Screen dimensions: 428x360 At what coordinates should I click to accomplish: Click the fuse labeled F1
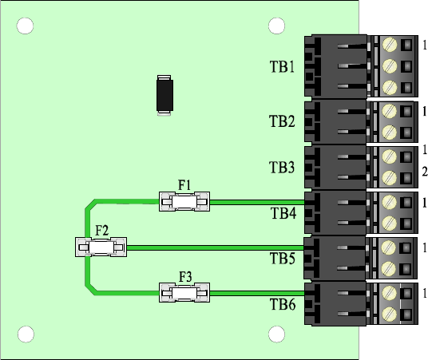pyautogui.click(x=184, y=202)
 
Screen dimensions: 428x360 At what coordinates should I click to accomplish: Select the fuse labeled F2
pyautogui.click(x=101, y=247)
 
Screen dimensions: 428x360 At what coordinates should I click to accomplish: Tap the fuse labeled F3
pyautogui.click(x=184, y=293)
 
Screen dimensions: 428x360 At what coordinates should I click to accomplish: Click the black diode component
pyautogui.click(x=164, y=95)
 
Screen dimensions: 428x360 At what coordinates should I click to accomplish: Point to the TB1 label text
pyautogui.click(x=282, y=66)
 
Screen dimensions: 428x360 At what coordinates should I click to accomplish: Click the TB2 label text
pyautogui.click(x=282, y=121)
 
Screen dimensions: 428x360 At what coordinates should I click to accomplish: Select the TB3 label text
pyautogui.click(x=282, y=168)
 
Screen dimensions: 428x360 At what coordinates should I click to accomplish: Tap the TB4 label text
pyautogui.click(x=283, y=213)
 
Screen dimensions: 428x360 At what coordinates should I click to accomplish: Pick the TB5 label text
pyautogui.click(x=283, y=258)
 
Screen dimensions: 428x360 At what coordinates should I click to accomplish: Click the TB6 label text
pyautogui.click(x=283, y=304)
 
